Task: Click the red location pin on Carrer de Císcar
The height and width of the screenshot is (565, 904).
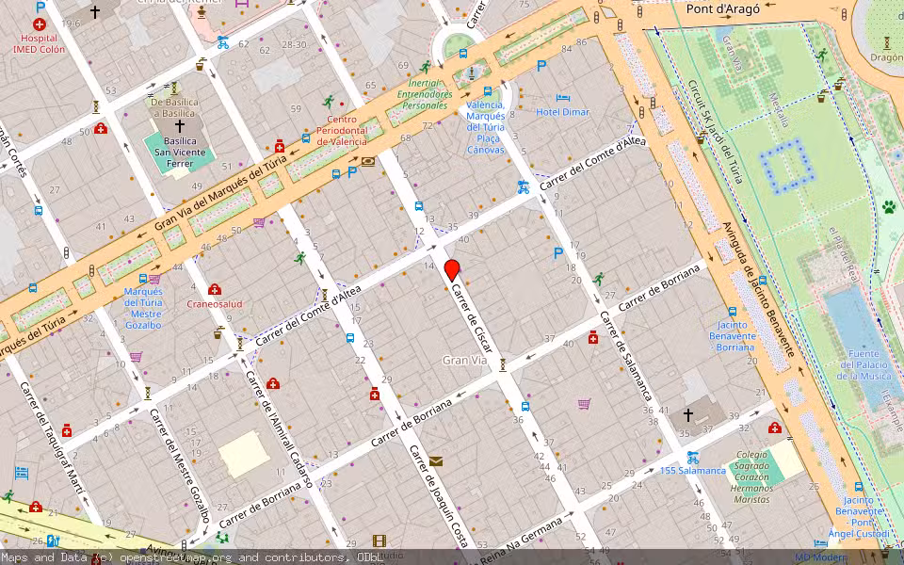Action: tap(452, 268)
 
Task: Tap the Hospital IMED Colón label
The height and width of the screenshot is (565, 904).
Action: tap(40, 44)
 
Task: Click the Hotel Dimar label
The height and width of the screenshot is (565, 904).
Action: tap(562, 112)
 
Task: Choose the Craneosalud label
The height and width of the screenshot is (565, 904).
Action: tap(215, 304)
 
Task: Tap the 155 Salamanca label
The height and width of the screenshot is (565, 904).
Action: tap(692, 470)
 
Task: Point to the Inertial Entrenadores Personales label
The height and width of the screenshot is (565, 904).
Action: tap(424, 94)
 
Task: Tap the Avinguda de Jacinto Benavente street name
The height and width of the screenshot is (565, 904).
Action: tap(757, 288)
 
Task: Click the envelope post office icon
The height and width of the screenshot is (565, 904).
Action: tap(435, 460)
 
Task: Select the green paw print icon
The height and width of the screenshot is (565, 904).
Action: tap(888, 206)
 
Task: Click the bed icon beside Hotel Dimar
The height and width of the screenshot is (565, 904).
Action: tap(562, 97)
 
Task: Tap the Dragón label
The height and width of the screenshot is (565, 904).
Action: tap(886, 56)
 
